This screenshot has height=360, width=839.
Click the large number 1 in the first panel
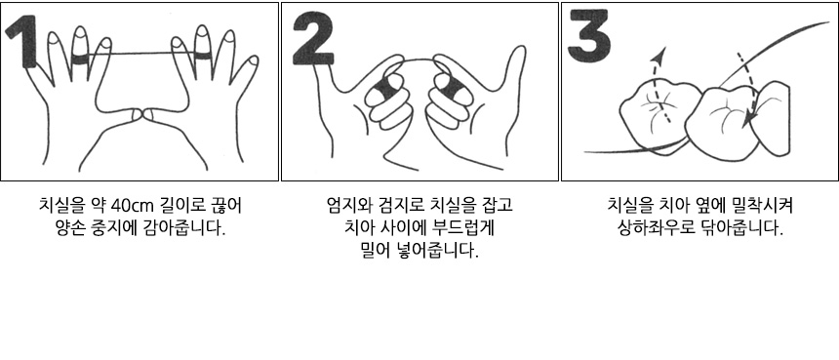tap(24, 42)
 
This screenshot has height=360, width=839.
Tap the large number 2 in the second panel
tap(313, 37)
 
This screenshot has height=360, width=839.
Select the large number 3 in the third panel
tap(588, 35)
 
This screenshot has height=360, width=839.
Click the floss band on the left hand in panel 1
tap(80, 59)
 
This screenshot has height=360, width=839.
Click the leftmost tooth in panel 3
tap(659, 114)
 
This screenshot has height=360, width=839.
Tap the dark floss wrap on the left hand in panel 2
tap(382, 88)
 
